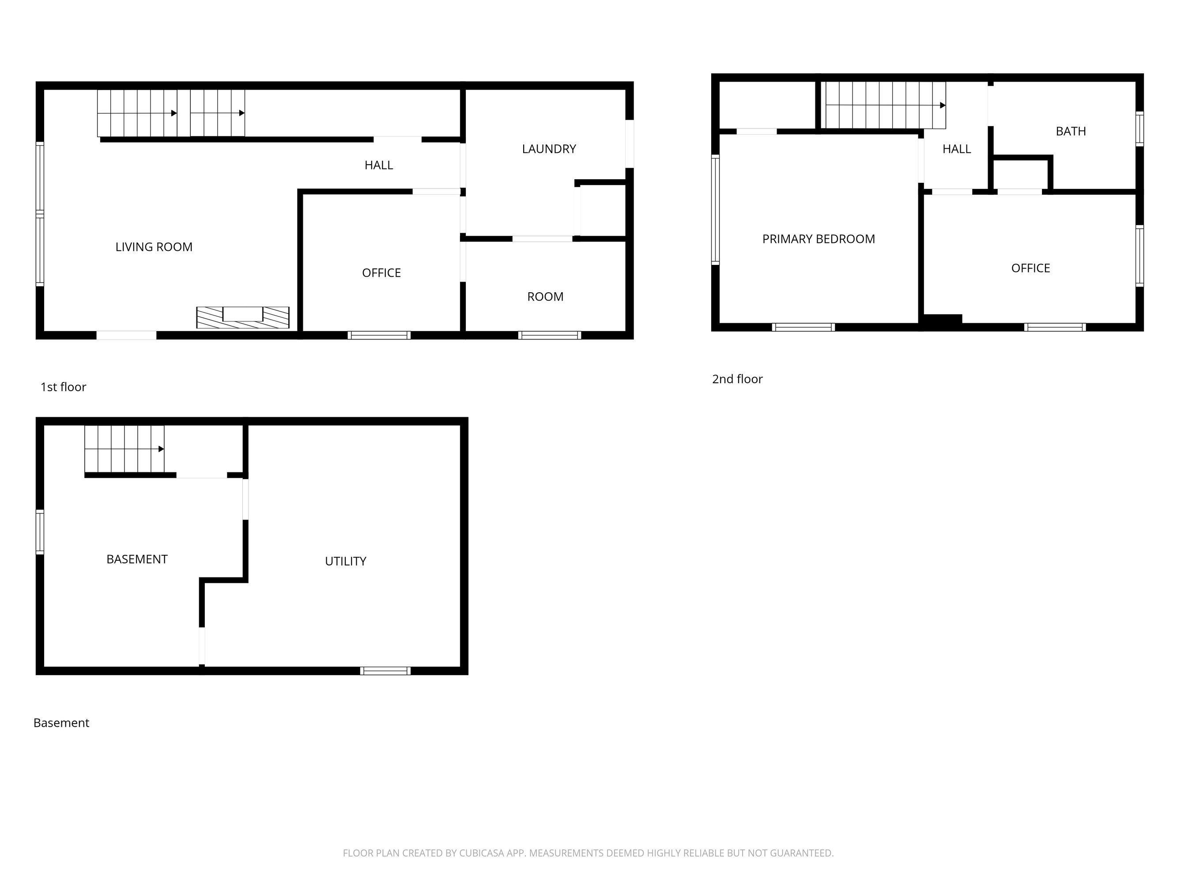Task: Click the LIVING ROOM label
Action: click(154, 247)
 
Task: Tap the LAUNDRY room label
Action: click(549, 149)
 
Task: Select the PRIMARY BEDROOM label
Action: click(819, 239)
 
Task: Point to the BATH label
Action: click(1071, 131)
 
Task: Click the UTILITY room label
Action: click(345, 561)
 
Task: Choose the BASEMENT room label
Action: click(137, 559)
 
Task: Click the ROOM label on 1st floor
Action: click(545, 296)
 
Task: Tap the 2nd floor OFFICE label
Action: click(1030, 268)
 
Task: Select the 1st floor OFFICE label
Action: click(381, 273)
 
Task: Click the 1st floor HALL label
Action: click(378, 165)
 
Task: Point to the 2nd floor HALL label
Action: click(956, 149)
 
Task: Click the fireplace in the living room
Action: click(243, 317)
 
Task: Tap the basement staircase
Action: click(124, 449)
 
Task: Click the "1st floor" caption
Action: click(63, 387)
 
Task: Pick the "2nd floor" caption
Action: click(737, 379)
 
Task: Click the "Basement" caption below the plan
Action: click(61, 723)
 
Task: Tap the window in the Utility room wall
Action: click(385, 671)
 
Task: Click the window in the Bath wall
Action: click(1139, 128)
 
